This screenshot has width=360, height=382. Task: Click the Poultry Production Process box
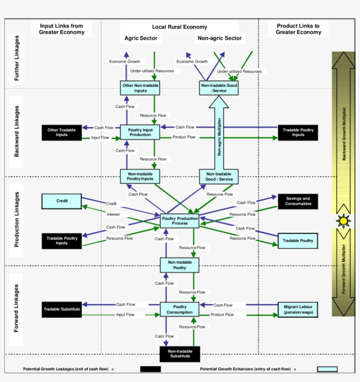coord(179,220)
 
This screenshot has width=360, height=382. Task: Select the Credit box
coord(61,201)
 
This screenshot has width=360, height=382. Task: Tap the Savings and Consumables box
coord(297,201)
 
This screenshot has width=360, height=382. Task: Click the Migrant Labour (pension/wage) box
coord(298,309)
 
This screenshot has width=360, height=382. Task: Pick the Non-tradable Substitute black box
coord(180,353)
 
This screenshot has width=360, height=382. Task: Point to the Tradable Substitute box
coord(61,309)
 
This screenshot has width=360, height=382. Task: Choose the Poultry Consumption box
coord(179,309)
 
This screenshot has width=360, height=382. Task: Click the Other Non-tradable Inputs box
coord(140,88)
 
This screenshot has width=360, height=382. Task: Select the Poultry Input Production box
coord(140,132)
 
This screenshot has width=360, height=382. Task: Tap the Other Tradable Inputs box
coord(61,132)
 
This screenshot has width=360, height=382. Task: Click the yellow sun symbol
coord(343,220)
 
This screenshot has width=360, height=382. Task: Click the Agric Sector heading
coord(140,38)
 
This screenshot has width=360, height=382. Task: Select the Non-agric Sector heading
coord(220,38)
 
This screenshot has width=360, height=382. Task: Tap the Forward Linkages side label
coord(16,308)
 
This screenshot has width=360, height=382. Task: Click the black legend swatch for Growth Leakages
coord(150,369)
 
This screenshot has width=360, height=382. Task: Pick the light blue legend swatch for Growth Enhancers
coord(327,369)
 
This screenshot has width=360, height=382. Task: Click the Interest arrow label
coord(113,214)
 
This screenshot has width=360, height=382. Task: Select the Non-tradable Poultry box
coord(179,265)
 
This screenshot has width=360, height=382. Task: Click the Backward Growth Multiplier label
coord(344,134)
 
